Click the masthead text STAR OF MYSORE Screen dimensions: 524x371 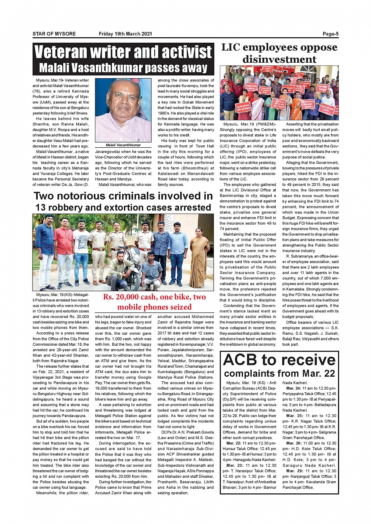(54, 34)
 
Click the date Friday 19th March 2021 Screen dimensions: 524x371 (125, 34)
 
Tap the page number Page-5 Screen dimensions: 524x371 (331, 34)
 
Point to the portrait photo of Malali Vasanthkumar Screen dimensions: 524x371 (123, 110)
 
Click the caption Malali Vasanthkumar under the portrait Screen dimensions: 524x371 (123, 145)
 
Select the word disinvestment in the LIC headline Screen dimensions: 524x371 (279, 60)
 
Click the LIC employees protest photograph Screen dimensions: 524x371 (279, 93)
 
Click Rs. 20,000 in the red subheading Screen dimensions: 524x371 (120, 297)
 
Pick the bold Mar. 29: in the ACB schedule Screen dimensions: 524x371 (296, 471)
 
